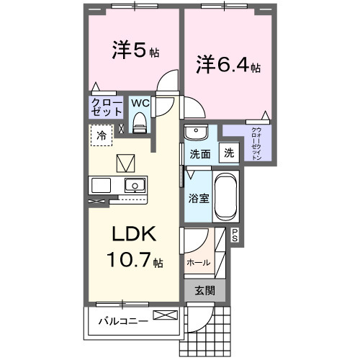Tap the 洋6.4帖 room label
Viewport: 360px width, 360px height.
point(229,66)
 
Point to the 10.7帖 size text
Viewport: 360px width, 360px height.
point(135,261)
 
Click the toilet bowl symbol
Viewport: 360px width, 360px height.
point(140,121)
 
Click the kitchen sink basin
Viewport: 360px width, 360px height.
point(134,186)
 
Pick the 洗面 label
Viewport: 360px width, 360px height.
point(199,153)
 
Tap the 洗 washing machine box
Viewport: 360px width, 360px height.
point(228,153)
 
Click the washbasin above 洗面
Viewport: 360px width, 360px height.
point(195,132)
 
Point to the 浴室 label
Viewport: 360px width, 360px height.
point(199,197)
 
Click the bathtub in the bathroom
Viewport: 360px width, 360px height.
point(226,197)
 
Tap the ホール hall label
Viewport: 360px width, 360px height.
point(198,263)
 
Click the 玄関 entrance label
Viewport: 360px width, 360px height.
point(205,291)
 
